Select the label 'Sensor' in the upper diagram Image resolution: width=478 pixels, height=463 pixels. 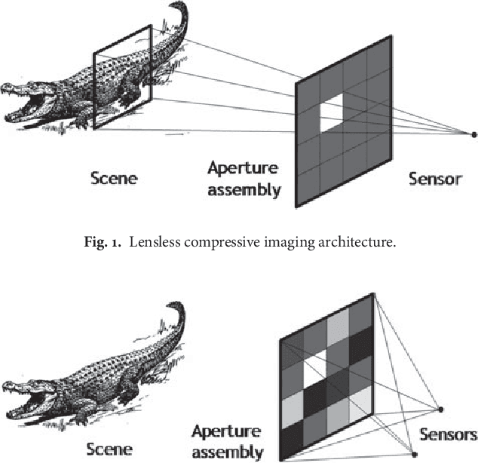pos(434,179)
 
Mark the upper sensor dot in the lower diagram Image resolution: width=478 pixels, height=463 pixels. pos(441,409)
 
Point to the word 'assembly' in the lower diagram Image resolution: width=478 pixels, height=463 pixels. pos(227,452)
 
